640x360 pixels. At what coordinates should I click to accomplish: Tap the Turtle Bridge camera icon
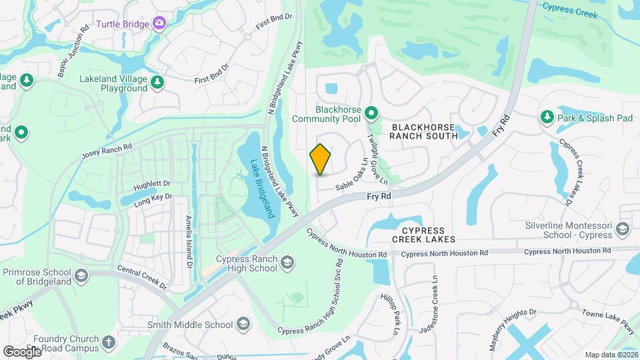click(x=159, y=24)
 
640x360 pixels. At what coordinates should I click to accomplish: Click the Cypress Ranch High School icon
click(x=287, y=261)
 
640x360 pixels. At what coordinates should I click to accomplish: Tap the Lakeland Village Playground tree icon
click(x=157, y=83)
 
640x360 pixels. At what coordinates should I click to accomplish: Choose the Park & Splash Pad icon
click(x=547, y=117)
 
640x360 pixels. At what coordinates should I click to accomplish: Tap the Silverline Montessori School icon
click(x=623, y=229)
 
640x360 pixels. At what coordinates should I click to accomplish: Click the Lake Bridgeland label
click(x=262, y=188)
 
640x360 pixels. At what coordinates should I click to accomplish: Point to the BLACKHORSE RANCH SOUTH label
click(x=425, y=131)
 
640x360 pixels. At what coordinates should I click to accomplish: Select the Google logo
click(x=23, y=351)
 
